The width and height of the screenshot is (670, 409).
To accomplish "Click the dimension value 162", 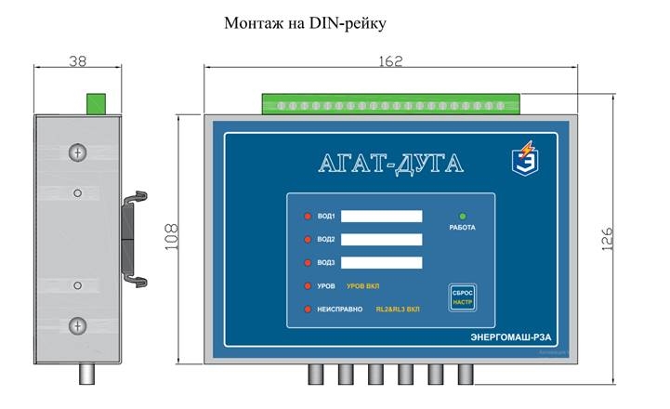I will [x=391, y=60].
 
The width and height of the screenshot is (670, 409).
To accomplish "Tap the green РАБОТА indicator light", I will [x=462, y=217].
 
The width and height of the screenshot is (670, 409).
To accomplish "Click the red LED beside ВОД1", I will [x=308, y=217].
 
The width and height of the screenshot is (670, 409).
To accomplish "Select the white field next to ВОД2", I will [x=381, y=240].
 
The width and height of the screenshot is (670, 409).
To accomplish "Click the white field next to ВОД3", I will [x=381, y=263].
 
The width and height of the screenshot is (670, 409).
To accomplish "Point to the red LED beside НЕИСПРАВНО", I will [x=308, y=309].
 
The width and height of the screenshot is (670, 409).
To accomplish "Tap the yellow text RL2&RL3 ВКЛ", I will [x=397, y=309].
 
